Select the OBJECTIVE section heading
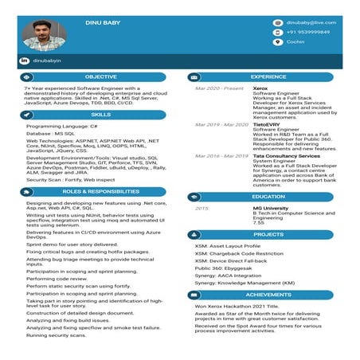(100, 77)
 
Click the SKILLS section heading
(100, 115)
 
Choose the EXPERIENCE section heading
(268, 77)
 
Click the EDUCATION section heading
(268, 197)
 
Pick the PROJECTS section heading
(268, 235)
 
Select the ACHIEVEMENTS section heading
(268, 295)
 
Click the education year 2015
(202, 208)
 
